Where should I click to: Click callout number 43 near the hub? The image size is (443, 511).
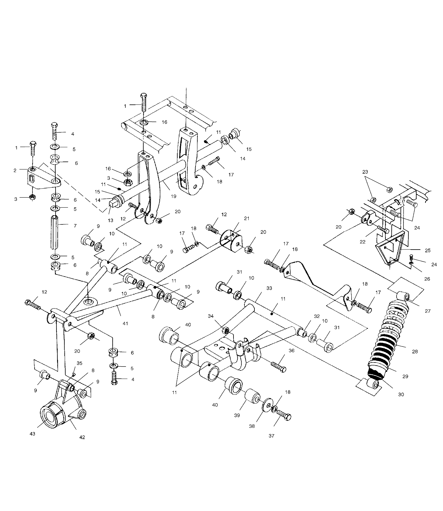[x=32, y=434]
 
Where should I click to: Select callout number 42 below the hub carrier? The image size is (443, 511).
[x=82, y=437]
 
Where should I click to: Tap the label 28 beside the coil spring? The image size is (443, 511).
[x=415, y=352]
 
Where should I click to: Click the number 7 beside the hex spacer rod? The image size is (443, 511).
[x=75, y=226]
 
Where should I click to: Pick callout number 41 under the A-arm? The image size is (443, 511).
[x=125, y=323]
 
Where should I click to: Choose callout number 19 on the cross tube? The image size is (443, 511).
[x=173, y=196]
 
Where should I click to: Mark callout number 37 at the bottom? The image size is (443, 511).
[x=271, y=436]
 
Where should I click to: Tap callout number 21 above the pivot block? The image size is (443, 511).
[x=247, y=219]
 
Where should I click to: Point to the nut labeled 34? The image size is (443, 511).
[x=226, y=330]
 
